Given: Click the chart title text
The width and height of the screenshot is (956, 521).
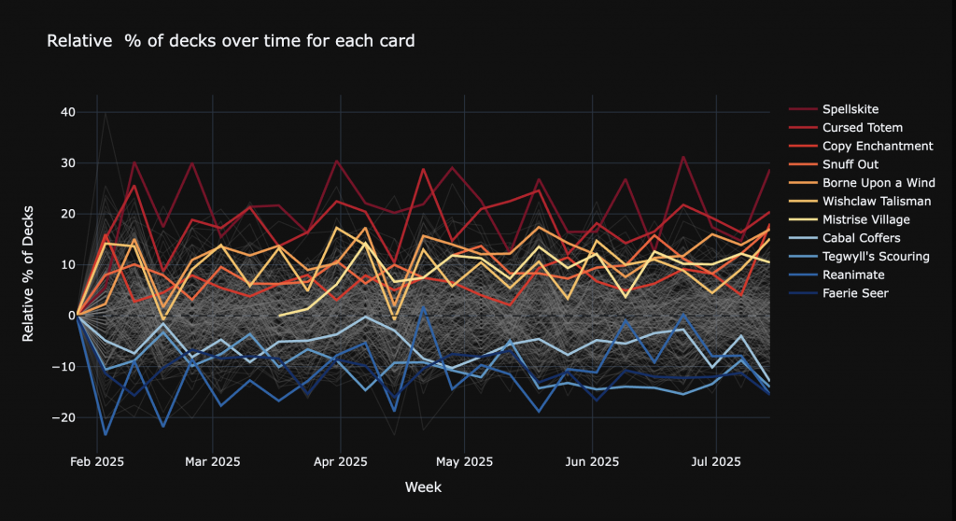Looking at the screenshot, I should point(231,41).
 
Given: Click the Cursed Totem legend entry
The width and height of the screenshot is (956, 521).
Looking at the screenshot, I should point(862,128).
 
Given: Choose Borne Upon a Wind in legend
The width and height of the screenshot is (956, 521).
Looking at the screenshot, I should point(878,183).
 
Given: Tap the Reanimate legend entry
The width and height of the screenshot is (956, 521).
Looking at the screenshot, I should point(853,275).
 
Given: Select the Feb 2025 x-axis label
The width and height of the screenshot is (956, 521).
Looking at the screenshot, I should point(97,461).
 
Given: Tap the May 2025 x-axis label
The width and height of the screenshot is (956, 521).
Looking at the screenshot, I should point(464,461).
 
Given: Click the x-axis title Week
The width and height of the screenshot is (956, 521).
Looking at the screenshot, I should point(422,487).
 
